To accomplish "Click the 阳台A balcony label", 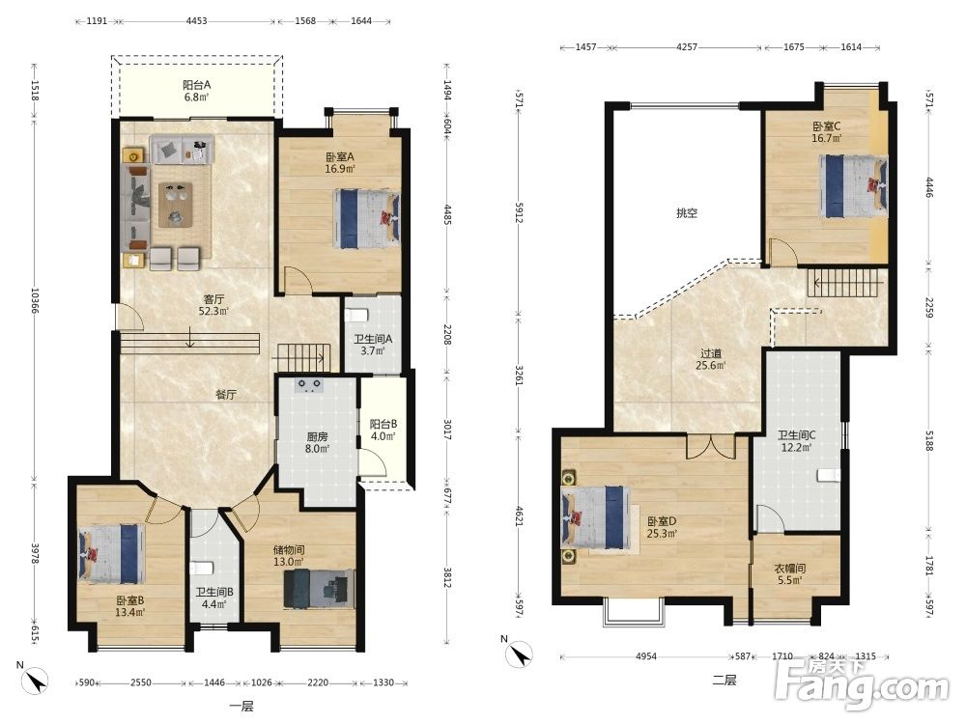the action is click(196, 91).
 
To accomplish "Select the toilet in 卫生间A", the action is click(356, 316).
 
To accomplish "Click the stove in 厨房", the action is click(309, 386).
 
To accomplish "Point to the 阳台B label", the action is click(384, 430).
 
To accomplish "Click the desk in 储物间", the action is click(319, 589).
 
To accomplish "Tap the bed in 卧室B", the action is click(111, 553).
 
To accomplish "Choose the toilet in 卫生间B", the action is click(202, 569).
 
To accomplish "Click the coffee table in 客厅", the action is click(176, 205).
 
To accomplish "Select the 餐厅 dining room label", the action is click(226, 395).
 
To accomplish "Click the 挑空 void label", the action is click(687, 213).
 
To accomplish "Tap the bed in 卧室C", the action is click(854, 186).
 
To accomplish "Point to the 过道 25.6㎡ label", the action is click(710, 359).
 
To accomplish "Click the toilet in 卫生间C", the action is click(829, 475).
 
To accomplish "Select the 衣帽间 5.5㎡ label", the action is click(790, 574).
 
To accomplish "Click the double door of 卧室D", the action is click(711, 446).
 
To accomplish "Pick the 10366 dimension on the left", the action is click(35, 300).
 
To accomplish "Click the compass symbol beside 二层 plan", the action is click(519, 654).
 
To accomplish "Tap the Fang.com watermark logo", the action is click(863, 684).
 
